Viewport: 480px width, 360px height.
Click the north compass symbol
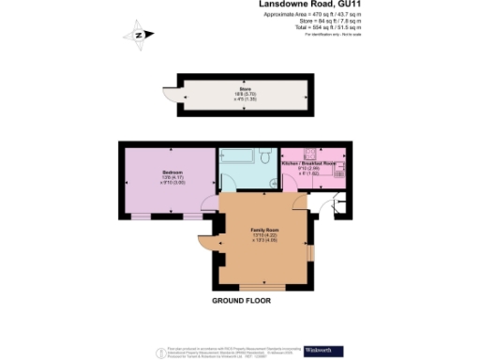(140, 36)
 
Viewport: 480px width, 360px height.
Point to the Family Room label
(264, 230)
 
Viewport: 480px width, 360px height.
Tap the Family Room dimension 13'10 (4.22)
(264, 234)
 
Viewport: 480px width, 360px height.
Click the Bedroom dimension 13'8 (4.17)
(172, 178)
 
